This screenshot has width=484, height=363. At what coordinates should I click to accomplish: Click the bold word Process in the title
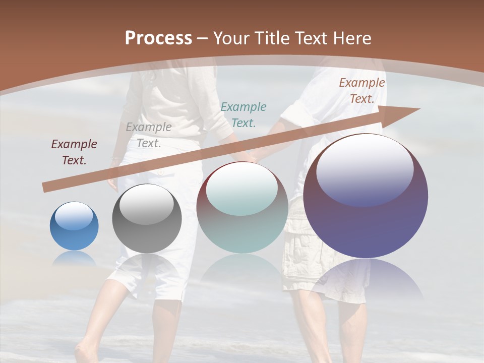[158, 38]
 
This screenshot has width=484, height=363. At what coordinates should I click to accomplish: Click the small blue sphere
[74, 226]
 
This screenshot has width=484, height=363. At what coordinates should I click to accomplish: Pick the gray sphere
[147, 218]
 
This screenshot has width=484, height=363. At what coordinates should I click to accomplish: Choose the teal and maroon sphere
[242, 207]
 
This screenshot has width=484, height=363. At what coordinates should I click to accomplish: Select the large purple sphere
[366, 196]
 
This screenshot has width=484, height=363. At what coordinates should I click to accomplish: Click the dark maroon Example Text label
[74, 152]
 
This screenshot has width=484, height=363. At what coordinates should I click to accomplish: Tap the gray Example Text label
[148, 135]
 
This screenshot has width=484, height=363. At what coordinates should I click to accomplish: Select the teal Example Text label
[243, 114]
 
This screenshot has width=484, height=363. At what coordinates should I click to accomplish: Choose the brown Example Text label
[361, 91]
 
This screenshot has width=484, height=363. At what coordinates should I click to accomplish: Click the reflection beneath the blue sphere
[74, 258]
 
